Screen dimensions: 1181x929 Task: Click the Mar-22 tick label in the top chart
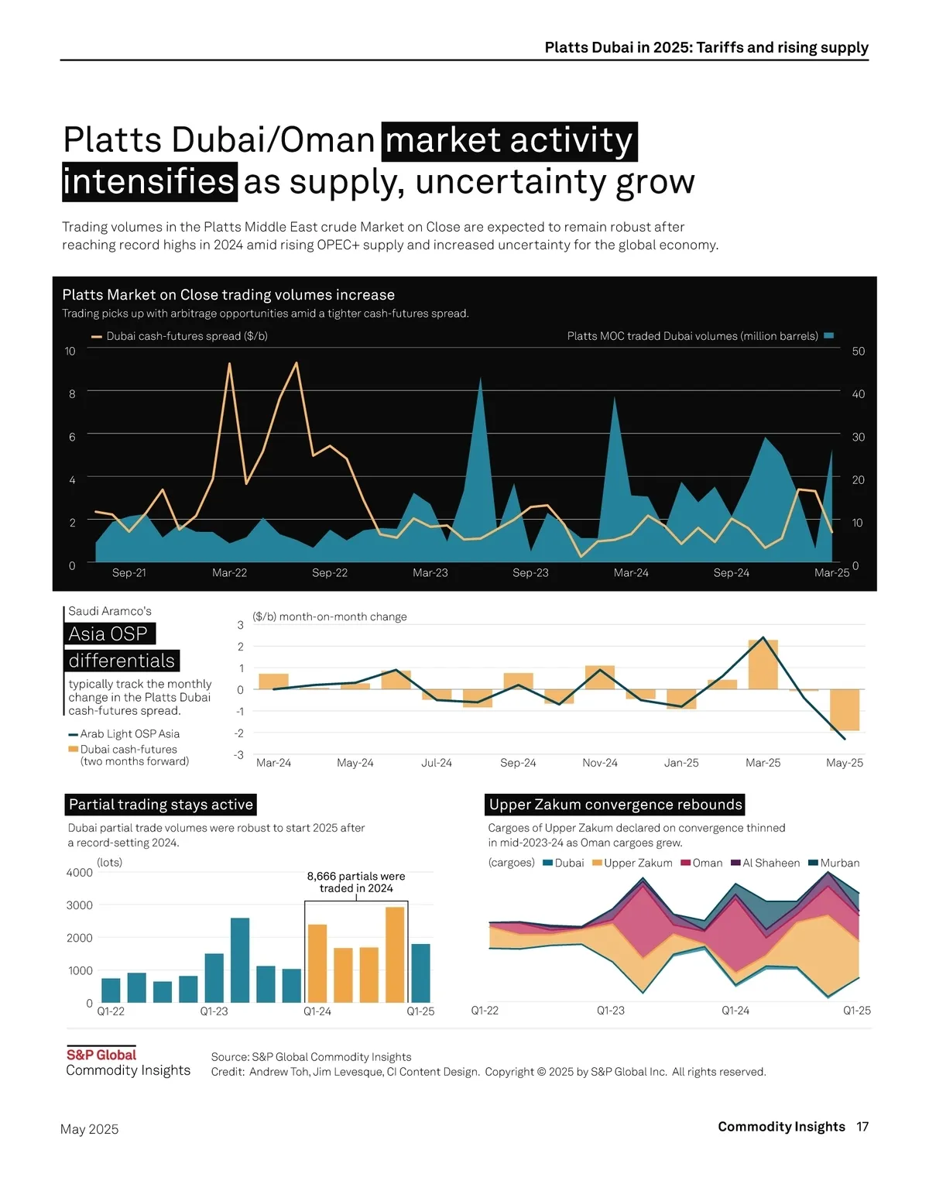[229, 573]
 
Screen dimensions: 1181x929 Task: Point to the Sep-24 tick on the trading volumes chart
[731, 573]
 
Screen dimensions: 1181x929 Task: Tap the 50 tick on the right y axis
[858, 352]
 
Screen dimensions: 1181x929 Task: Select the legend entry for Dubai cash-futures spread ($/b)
[180, 336]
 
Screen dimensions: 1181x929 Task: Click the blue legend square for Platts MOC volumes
[829, 336]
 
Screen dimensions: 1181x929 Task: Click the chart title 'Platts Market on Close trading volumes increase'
[228, 295]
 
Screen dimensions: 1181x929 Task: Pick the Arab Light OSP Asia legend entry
[124, 734]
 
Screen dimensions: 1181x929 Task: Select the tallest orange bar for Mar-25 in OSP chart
[763, 664]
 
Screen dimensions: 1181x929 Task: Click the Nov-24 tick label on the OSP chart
[600, 763]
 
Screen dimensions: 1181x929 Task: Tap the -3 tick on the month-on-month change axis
[240, 755]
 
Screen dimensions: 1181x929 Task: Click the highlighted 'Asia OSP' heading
[108, 634]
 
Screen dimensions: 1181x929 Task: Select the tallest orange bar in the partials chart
[395, 954]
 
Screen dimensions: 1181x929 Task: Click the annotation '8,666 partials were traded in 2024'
[356, 882]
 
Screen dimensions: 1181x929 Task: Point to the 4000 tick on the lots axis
[80, 873]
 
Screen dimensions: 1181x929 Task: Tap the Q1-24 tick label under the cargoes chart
[735, 1011]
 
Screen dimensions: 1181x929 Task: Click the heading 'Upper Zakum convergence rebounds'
[615, 805]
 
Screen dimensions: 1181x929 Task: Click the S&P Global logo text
[101, 1055]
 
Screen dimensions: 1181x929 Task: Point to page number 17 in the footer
[862, 1127]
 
